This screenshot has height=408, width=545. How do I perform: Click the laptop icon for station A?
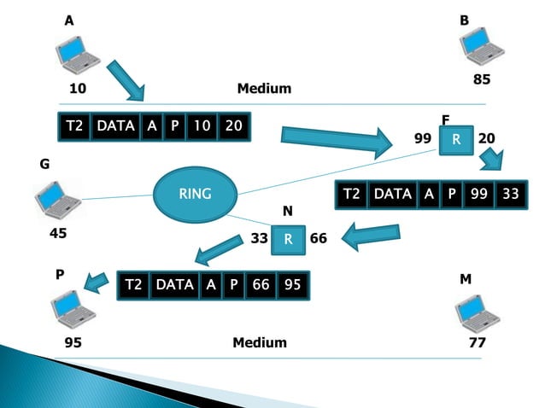[78, 54]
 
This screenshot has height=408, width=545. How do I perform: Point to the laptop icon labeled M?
[477, 313]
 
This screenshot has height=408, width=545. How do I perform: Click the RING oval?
[195, 194]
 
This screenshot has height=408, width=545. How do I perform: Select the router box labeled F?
[456, 139]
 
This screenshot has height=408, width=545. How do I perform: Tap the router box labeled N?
[288, 239]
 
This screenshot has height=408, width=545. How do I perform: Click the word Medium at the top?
[264, 89]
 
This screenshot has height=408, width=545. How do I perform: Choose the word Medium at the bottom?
[260, 342]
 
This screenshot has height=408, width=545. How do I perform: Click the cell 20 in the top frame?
[233, 126]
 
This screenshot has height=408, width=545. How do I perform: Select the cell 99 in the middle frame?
[479, 195]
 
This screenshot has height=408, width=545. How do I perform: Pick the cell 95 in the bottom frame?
[292, 284]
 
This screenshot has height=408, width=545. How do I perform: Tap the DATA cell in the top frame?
[115, 126]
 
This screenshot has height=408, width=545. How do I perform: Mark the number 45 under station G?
[58, 232]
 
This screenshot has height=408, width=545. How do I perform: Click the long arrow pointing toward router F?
[334, 139]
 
